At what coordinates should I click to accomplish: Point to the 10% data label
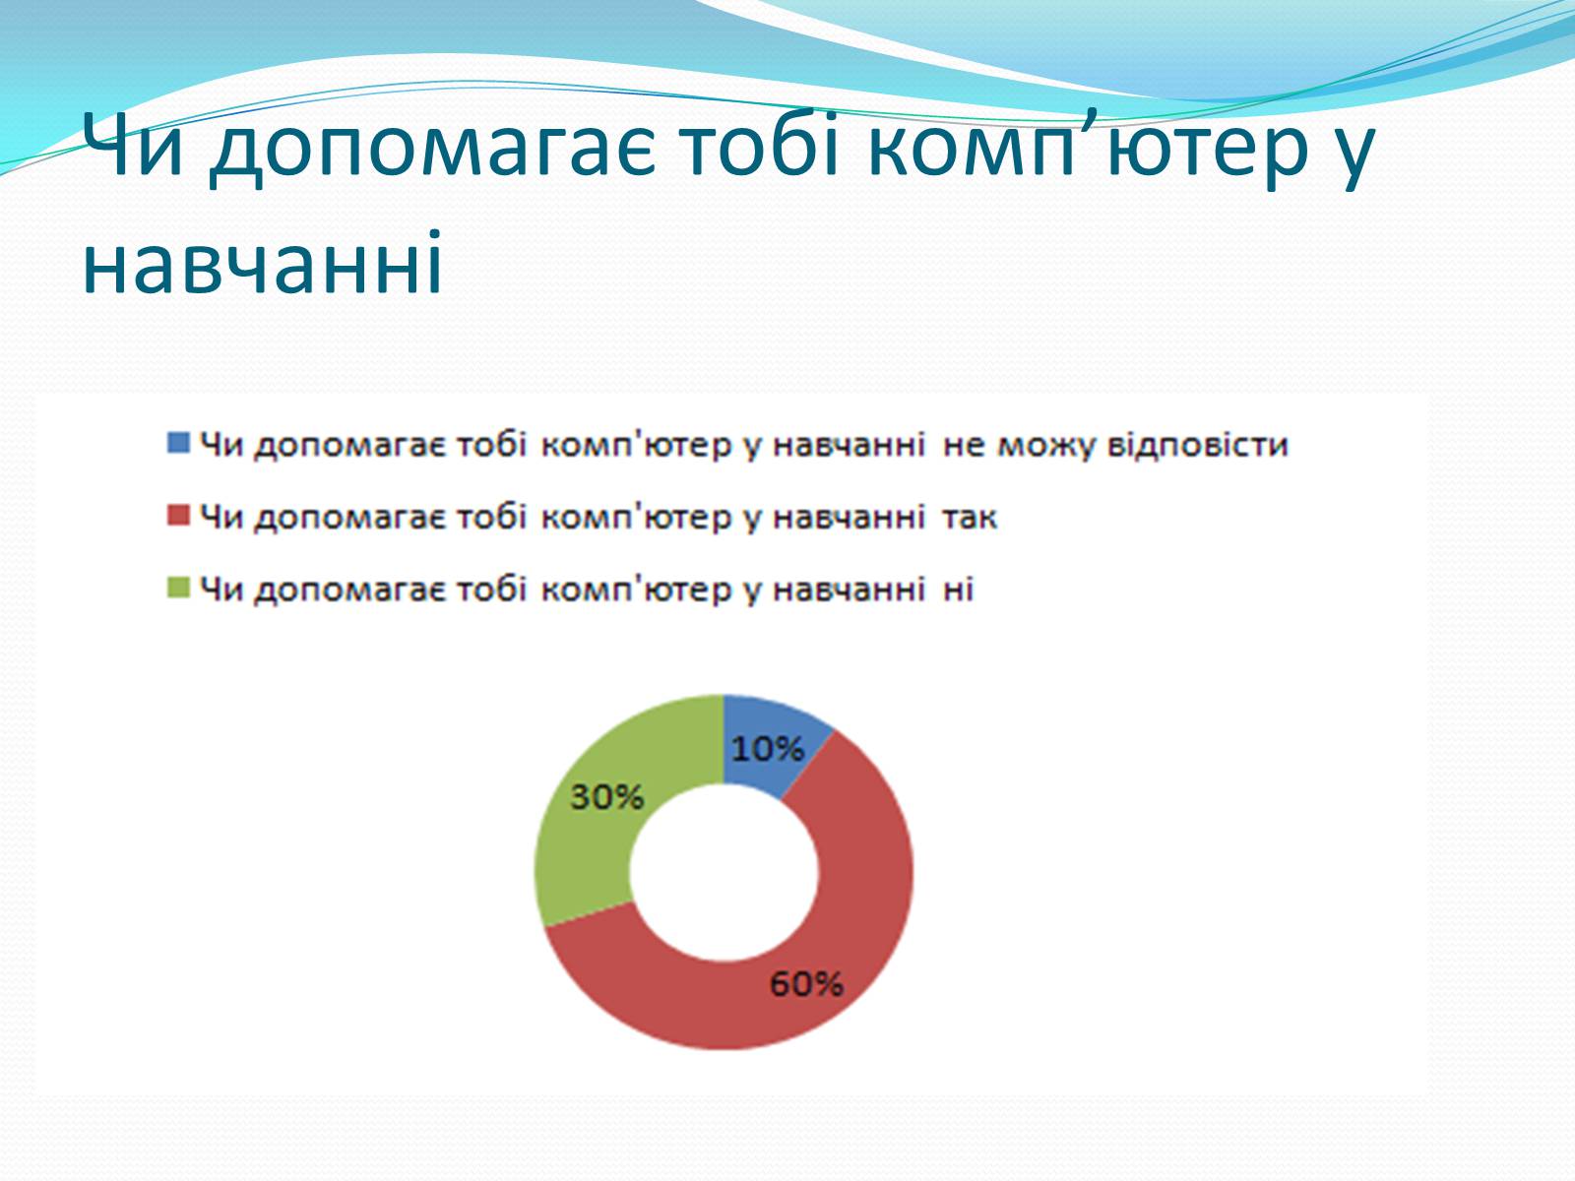coord(768,749)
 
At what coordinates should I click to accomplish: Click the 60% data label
coord(806,984)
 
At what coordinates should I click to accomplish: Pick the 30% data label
coord(607,796)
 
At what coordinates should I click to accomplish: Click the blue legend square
coord(178,443)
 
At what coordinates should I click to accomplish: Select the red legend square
coord(178,515)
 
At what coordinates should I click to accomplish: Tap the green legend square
coord(178,588)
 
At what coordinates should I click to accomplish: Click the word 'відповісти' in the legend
coord(1198,445)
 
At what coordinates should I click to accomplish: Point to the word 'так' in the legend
coord(970,518)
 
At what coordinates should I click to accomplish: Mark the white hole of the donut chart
coord(724,872)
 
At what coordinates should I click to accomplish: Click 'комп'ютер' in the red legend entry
coord(636,517)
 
